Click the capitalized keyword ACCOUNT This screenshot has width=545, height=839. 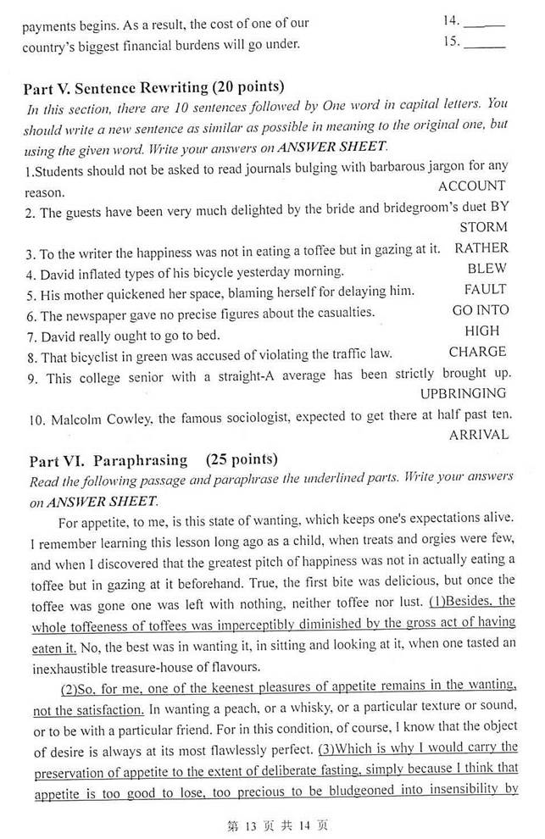[472, 186]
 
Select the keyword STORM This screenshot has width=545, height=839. [483, 227]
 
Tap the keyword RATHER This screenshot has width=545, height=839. [481, 248]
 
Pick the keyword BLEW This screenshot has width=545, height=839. [487, 269]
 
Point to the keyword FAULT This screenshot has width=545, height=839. [485, 290]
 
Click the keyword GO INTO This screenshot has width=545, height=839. [481, 311]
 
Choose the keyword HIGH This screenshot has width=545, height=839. [482, 331]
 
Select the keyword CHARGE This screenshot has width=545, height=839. [477, 353]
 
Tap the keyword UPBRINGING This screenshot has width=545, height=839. [464, 393]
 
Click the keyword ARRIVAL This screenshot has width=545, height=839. [479, 435]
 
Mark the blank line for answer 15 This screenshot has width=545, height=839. [486, 43]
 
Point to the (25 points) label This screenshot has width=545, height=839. [242, 460]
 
